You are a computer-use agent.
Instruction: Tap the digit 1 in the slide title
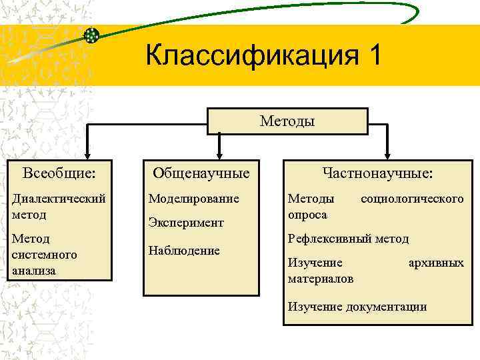pyautogui.click(x=371, y=55)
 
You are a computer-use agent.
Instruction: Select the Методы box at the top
pyautogui.click(x=287, y=121)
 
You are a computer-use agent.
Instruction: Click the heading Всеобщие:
pyautogui.click(x=59, y=173)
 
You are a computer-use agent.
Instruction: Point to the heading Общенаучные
pyautogui.click(x=201, y=173)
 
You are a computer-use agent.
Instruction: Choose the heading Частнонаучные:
pyautogui.click(x=377, y=173)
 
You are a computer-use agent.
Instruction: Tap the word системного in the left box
pyautogui.click(x=44, y=255)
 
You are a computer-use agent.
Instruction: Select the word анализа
pyautogui.click(x=33, y=271)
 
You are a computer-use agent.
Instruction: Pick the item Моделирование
pyautogui.click(x=193, y=199)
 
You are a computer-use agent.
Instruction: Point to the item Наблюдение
pyautogui.click(x=184, y=251)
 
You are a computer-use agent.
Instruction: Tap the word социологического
pyautogui.click(x=412, y=199)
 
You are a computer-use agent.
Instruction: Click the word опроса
pyautogui.click(x=307, y=215)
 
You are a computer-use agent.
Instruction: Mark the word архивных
pyautogui.click(x=435, y=263)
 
